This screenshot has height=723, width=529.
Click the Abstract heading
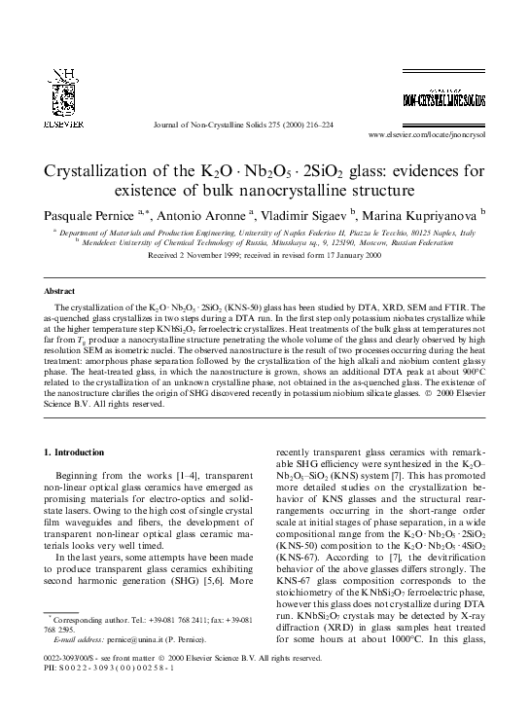pos(62,291)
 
